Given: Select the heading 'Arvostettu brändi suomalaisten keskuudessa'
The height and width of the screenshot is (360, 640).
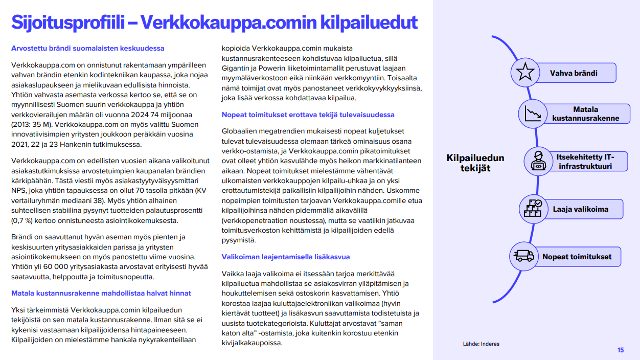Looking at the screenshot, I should pos(88,49).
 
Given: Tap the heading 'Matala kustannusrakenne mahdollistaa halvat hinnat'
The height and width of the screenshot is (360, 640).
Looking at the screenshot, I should pos(101,293).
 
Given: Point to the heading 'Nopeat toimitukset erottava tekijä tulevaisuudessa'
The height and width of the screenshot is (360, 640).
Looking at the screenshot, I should pos(308,115).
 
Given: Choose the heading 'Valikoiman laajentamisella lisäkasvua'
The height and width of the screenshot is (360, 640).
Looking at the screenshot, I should pos(286,257).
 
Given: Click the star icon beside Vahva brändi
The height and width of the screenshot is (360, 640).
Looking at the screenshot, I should pos(525,73).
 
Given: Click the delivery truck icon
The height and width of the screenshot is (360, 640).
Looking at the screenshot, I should pos(524,256).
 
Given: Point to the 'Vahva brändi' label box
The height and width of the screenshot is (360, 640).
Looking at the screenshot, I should pos(574,73).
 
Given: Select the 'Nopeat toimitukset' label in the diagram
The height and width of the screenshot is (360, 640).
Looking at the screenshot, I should pos(577,257).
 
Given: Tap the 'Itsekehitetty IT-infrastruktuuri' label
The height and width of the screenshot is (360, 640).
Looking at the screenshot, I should pos(585,161).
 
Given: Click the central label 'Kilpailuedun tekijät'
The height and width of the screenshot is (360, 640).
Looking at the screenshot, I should pos(475,163).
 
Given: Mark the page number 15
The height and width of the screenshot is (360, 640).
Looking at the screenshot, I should pos(620,350).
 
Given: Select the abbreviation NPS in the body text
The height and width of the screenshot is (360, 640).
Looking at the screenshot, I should pos(19,190).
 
